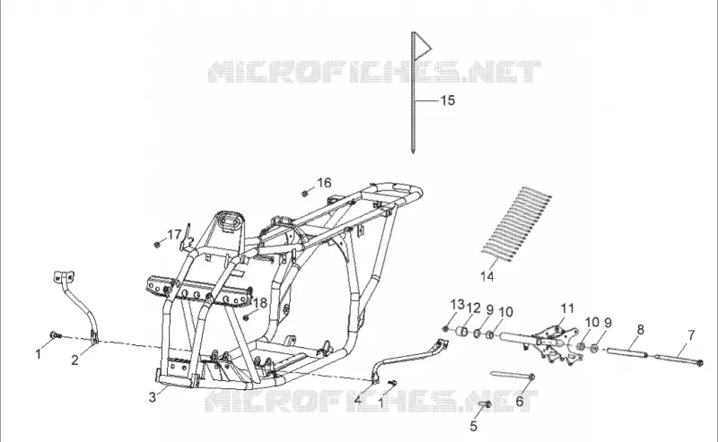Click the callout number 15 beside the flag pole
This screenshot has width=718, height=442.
pyautogui.click(x=447, y=100)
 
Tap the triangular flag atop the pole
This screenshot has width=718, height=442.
pyautogui.click(x=422, y=46)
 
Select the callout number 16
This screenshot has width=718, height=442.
pyautogui.click(x=324, y=183)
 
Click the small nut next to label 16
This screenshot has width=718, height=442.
pyautogui.click(x=304, y=194)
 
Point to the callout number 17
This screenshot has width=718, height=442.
pyautogui.click(x=174, y=235)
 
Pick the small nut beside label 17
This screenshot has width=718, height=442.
pyautogui.click(x=157, y=245)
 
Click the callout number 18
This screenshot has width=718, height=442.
pyautogui.click(x=260, y=303)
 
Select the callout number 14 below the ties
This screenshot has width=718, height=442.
pyautogui.click(x=487, y=276)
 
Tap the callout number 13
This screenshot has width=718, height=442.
pyautogui.click(x=457, y=304)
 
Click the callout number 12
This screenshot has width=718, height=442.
pyautogui.click(x=474, y=308)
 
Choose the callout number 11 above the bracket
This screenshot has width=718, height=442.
pyautogui.click(x=567, y=308)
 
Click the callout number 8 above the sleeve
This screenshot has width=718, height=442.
pyautogui.click(x=640, y=329)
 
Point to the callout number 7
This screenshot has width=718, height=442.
pyautogui.click(x=691, y=335)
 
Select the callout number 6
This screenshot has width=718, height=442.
pyautogui.click(x=520, y=402)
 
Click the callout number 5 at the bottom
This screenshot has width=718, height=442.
pyautogui.click(x=474, y=426)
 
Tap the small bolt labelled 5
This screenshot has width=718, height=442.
pyautogui.click(x=486, y=404)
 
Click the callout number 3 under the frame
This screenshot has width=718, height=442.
pyautogui.click(x=153, y=397)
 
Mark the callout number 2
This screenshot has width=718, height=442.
pyautogui.click(x=75, y=360)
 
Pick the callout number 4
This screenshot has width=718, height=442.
pyautogui.click(x=358, y=400)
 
